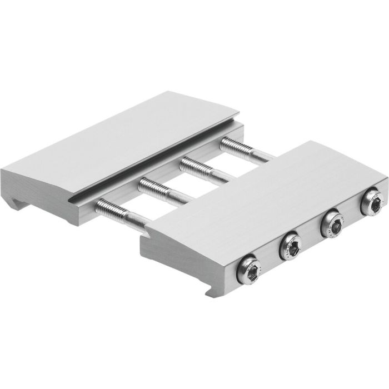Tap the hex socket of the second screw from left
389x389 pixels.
point(291,245)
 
